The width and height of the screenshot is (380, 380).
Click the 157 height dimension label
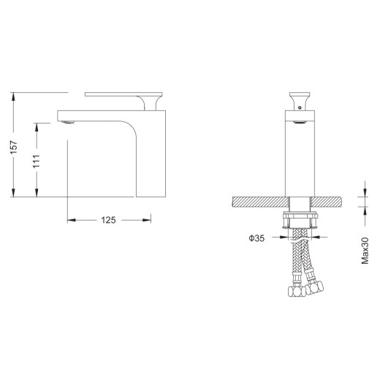click(x=14, y=147)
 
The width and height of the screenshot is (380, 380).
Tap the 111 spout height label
click(x=37, y=161)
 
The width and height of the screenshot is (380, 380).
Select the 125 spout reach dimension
click(x=108, y=220)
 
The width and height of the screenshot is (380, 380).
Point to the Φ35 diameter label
click(x=256, y=238)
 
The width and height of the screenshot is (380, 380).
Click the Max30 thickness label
click(x=365, y=251)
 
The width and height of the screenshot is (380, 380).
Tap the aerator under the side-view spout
click(x=68, y=122)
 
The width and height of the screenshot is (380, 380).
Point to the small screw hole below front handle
click(x=300, y=107)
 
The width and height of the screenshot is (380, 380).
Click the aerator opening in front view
click(x=300, y=122)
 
